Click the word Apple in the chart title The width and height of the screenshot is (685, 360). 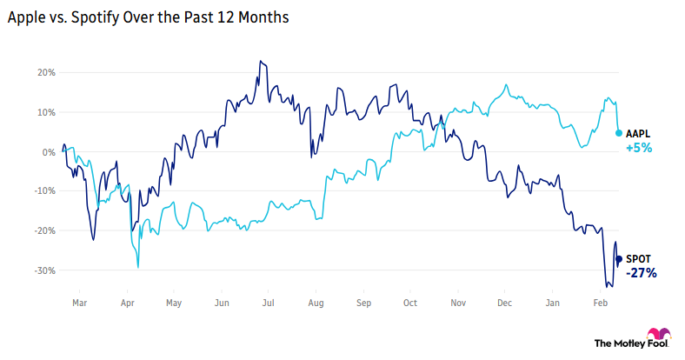[28, 17]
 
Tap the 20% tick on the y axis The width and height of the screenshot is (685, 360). [44, 72]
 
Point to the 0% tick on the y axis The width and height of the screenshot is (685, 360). [47, 151]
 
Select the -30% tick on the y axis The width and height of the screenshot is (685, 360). [43, 270]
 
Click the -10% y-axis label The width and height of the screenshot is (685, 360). [43, 191]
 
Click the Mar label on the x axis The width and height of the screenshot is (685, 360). [79, 303]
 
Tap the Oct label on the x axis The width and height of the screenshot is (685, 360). [410, 303]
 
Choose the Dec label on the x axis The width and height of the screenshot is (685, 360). [504, 303]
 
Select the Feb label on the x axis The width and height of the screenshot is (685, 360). [600, 303]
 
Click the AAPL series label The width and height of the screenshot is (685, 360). [639, 133]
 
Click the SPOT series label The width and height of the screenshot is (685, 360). [638, 258]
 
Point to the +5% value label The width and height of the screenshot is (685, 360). [639, 148]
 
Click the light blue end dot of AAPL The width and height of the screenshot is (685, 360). [618, 133]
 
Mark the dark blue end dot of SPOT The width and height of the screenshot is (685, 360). [618, 258]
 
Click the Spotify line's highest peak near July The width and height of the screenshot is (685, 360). [260, 62]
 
